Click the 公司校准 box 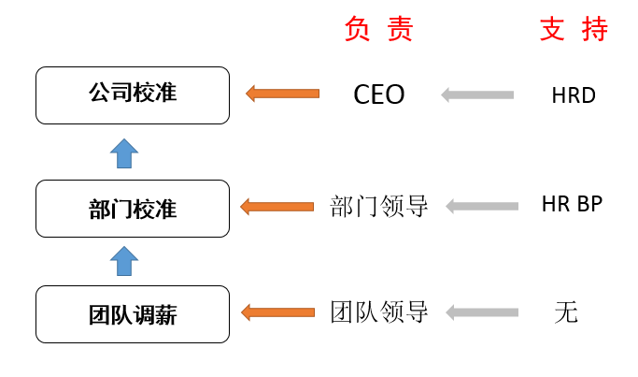[x=133, y=95]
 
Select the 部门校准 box [x=133, y=209]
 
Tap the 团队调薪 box [x=133, y=314]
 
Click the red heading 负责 [x=379, y=29]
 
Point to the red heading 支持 [x=574, y=29]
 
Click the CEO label [x=379, y=94]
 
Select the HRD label [x=574, y=95]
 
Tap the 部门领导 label [x=379, y=206]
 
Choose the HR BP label [x=572, y=203]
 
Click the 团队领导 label [x=379, y=312]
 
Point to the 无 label [x=566, y=312]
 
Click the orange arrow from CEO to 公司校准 [x=283, y=94]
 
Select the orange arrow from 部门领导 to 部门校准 [x=277, y=207]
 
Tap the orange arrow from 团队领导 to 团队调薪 [x=278, y=312]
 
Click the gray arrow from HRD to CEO [x=477, y=95]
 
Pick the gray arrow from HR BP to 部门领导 [x=482, y=206]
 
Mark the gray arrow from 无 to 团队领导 [x=482, y=312]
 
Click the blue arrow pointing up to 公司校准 [x=124, y=153]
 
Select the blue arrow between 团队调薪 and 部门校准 [x=124, y=261]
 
